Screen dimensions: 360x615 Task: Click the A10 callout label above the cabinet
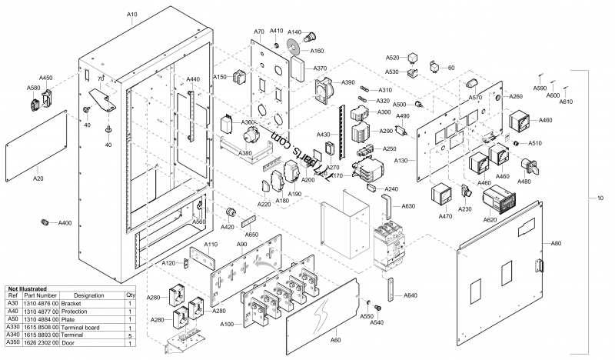(132, 15)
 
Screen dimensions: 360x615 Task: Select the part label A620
(491, 219)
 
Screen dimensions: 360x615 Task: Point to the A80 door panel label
(556, 243)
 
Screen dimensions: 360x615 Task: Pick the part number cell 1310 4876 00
(41, 304)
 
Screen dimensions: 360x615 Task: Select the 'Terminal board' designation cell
(89, 328)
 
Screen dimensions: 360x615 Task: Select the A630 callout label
(407, 205)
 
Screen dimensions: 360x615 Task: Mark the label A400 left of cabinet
(65, 222)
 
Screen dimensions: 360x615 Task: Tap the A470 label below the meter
(444, 217)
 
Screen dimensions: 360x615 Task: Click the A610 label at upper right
(565, 102)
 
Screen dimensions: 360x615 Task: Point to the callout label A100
(227, 325)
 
